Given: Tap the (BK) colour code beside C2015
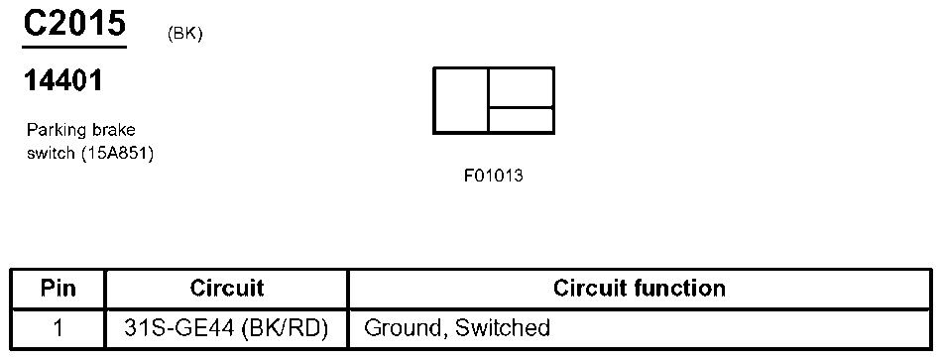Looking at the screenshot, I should click(x=185, y=34).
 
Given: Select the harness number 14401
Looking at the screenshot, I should click(x=63, y=82).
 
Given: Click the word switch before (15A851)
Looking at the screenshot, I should click(x=51, y=153).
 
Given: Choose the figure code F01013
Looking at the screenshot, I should click(x=493, y=177).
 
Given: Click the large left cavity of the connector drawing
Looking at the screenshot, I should click(x=461, y=100).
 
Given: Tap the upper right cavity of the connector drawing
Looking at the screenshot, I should click(x=521, y=87).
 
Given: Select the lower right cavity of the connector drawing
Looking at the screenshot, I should click(x=521, y=120).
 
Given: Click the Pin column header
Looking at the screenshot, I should click(x=59, y=289).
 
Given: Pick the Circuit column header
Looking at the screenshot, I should click(x=227, y=289).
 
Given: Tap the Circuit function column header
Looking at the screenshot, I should click(x=639, y=289).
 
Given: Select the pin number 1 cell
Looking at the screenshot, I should click(x=59, y=327).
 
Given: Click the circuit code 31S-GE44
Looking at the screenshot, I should click(x=184, y=327).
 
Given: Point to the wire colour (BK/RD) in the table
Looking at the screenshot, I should click(x=289, y=327).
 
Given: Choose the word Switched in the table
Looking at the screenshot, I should click(x=503, y=327).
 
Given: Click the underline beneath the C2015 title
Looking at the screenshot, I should click(x=74, y=46).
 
